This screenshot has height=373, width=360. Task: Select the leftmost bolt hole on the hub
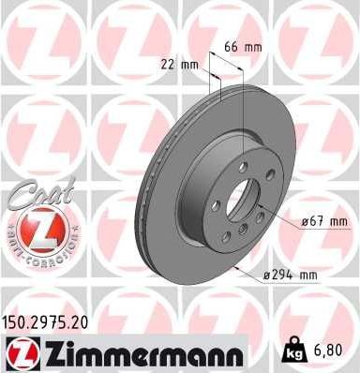[215, 206]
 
